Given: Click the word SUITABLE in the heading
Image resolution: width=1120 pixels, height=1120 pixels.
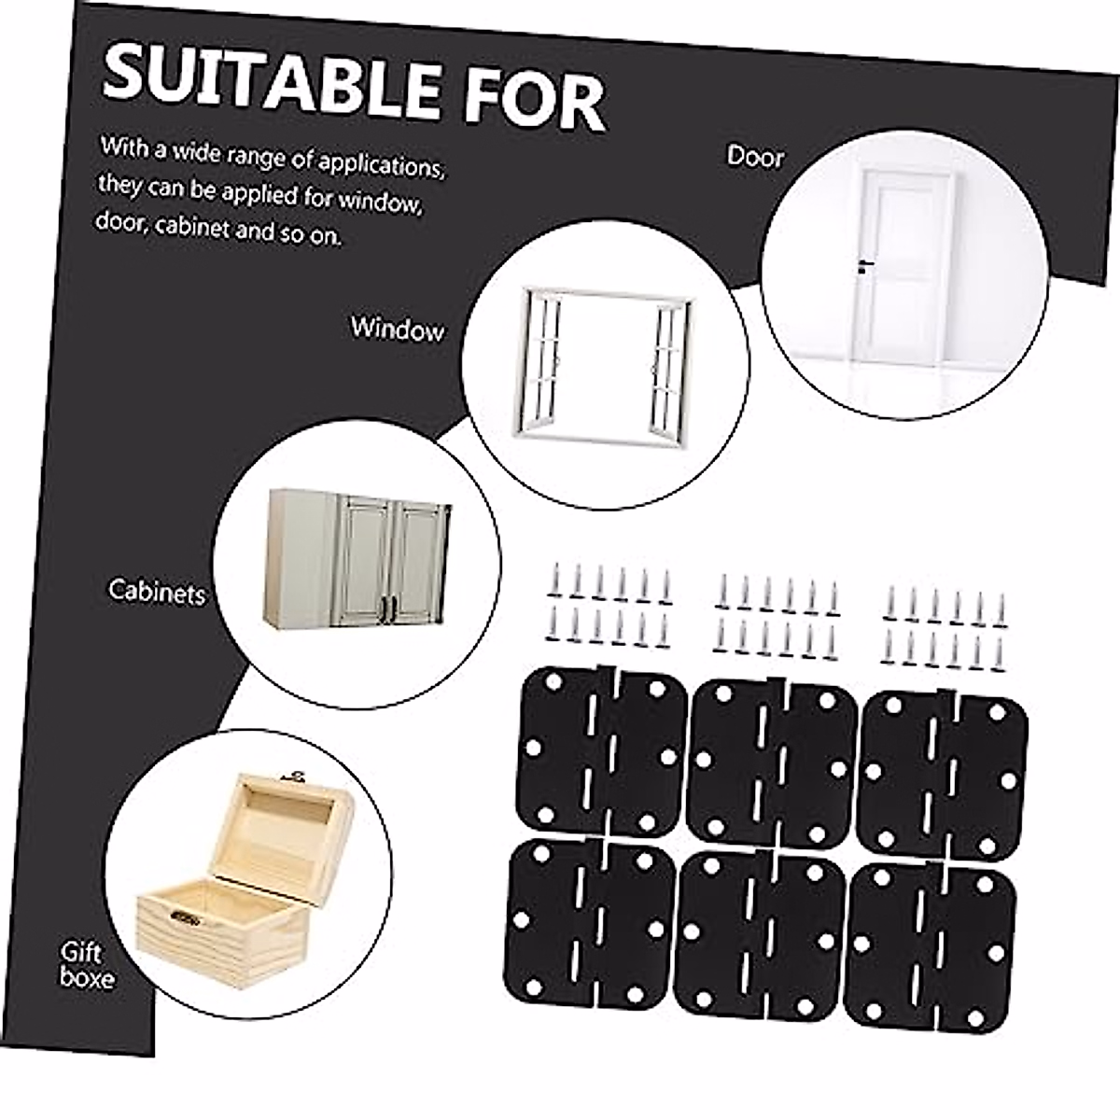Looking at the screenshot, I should pos(271,82).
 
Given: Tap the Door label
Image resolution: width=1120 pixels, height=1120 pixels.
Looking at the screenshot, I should pos(755,157).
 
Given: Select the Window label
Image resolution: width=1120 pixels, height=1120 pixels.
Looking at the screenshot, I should pos(397,329).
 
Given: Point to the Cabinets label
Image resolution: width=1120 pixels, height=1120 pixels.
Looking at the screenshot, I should pos(157,591).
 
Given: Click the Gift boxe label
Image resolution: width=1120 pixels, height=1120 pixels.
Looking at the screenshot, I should pos(87,965).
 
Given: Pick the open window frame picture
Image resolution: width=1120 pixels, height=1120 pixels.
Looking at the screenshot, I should pos(605,364).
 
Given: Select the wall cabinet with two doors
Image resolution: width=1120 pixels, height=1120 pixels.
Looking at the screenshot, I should pos(359,560).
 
